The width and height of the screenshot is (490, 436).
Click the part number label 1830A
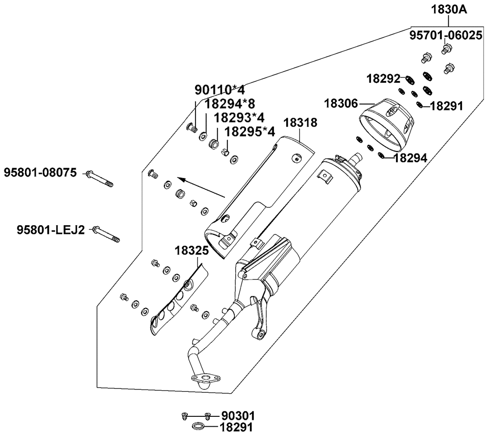(449, 9)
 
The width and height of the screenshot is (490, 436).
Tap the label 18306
(342, 103)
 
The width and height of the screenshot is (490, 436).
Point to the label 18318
(299, 123)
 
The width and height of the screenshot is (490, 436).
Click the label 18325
(192, 251)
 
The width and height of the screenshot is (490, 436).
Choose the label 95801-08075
(41, 173)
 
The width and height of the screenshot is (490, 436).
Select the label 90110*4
(220, 90)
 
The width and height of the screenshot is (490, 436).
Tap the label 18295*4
(249, 132)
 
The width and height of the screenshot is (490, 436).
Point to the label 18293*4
(239, 118)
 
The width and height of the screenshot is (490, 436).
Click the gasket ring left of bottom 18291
(198, 426)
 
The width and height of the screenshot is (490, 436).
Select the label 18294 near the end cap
(411, 157)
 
